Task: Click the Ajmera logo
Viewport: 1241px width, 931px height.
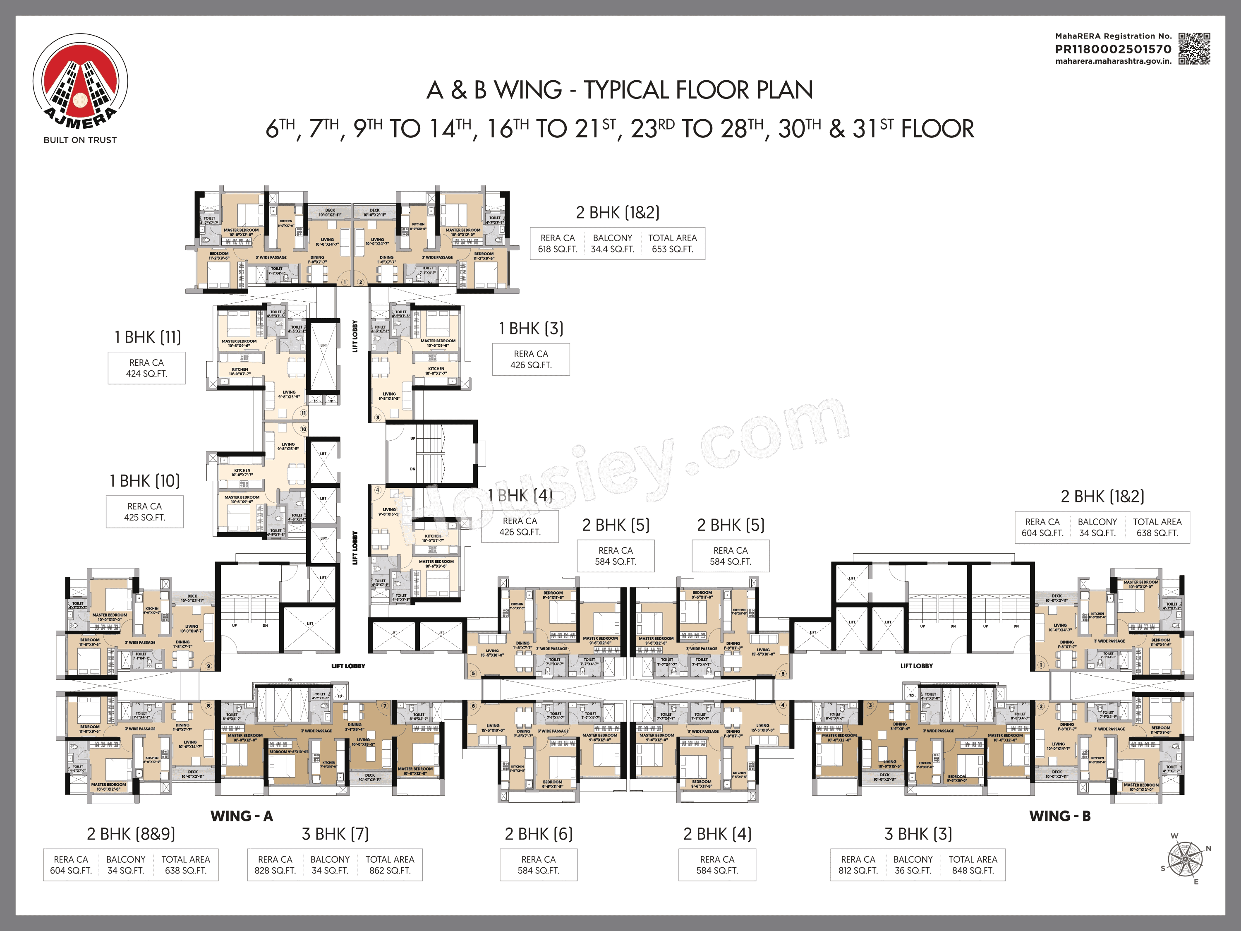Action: pos(80,82)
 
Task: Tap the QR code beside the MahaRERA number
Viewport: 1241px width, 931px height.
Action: pos(1194,49)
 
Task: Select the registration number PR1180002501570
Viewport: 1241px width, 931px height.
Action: pos(1113,49)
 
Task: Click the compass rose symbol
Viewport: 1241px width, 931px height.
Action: pos(1185,859)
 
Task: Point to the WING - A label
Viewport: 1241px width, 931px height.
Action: pos(242,816)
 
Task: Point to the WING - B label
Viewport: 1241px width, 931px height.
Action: pos(1060,816)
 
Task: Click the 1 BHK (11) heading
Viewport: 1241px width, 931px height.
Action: pos(148,337)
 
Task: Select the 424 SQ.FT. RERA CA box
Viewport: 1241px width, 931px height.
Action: pos(146,368)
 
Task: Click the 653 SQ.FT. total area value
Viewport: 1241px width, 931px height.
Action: pos(672,249)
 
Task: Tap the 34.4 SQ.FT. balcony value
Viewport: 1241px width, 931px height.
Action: pos(612,249)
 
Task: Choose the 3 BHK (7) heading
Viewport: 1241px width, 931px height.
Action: pos(335,834)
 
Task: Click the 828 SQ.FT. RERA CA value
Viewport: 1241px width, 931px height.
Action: pos(275,871)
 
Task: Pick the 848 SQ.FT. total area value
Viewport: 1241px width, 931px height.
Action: pos(973,871)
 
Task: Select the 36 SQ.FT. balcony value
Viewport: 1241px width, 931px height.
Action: pos(913,871)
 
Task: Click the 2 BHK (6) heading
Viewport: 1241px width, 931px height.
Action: pos(539,834)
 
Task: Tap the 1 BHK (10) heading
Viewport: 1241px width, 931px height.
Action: pos(145,481)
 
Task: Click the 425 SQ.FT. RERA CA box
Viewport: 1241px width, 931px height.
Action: pos(145,512)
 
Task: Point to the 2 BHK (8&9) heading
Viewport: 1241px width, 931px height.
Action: pos(131,834)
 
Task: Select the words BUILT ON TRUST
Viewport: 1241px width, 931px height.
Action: pos(80,140)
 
